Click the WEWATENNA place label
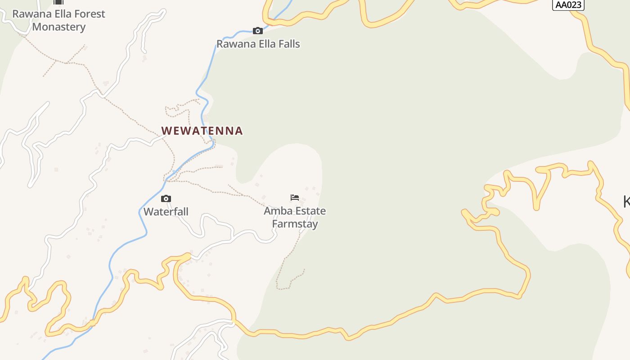(x=202, y=131)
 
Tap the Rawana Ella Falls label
(x=258, y=44)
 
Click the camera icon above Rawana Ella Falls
(x=258, y=31)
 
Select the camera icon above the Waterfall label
(x=166, y=198)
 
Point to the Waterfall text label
(x=166, y=211)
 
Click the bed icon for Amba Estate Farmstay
(x=295, y=197)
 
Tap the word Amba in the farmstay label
(x=276, y=211)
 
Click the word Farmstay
(x=295, y=224)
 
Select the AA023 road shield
(x=568, y=5)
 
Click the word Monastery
(x=58, y=27)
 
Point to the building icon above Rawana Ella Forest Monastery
(x=58, y=2)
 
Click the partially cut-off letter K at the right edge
(x=626, y=202)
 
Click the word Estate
(x=308, y=211)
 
